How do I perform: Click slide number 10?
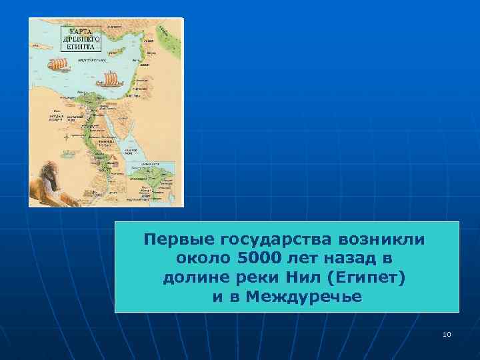[x=446, y=333]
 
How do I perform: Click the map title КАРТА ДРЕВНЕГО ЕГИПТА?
[x=81, y=37]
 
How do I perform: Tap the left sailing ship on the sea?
[x=59, y=65]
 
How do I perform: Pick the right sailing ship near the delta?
[x=109, y=80]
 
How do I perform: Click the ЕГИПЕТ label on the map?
[x=89, y=126]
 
